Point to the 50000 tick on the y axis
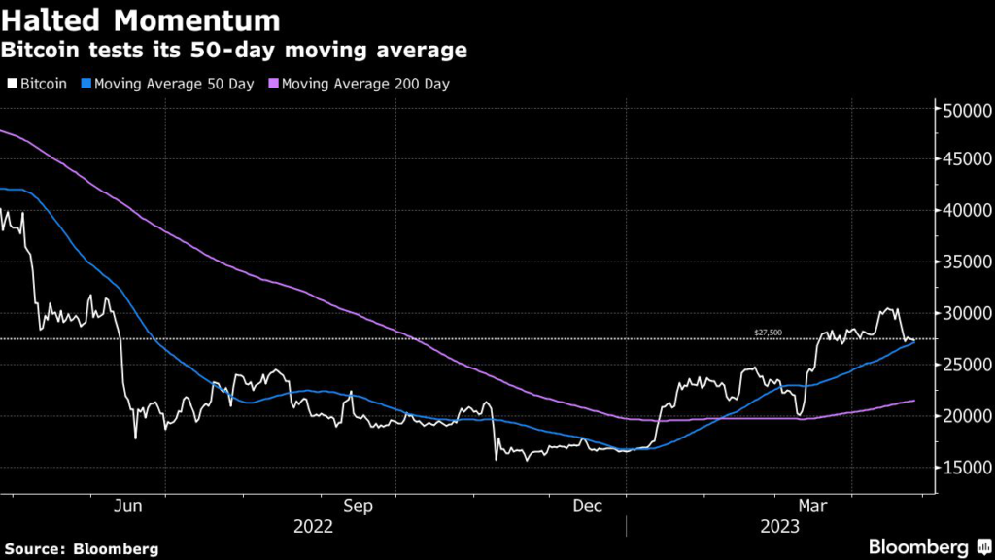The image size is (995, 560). [966, 110]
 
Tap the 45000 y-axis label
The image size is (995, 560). [966, 158]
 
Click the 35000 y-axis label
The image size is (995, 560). [966, 262]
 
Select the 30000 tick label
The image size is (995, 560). [966, 313]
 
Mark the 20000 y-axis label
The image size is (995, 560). [966, 416]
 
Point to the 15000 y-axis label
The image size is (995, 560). [966, 468]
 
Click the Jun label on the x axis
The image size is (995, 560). [128, 506]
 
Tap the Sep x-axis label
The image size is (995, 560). [359, 506]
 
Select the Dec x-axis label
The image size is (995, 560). [588, 506]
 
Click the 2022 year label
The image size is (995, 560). [313, 526]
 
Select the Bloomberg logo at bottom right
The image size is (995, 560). [928, 546]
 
